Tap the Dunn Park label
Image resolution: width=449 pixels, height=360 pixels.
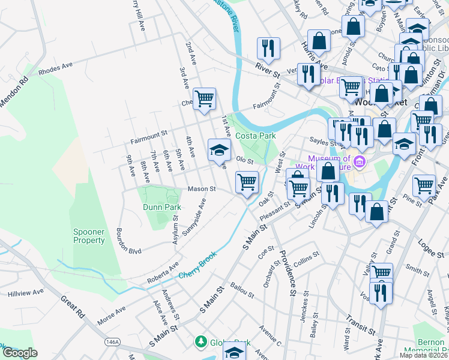coord(161,207)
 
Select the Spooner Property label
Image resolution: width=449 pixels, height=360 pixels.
coord(89,236)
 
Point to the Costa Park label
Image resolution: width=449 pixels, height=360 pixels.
coord(255,136)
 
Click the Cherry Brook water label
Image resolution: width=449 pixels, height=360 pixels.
coord(197,268)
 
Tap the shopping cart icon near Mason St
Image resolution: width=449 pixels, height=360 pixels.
coord(247,182)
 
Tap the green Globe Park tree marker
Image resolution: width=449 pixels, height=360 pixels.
coord(201,342)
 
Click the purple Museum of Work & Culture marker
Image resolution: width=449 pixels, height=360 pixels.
coord(360,161)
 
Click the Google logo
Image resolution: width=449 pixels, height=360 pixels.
coord(19,353)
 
